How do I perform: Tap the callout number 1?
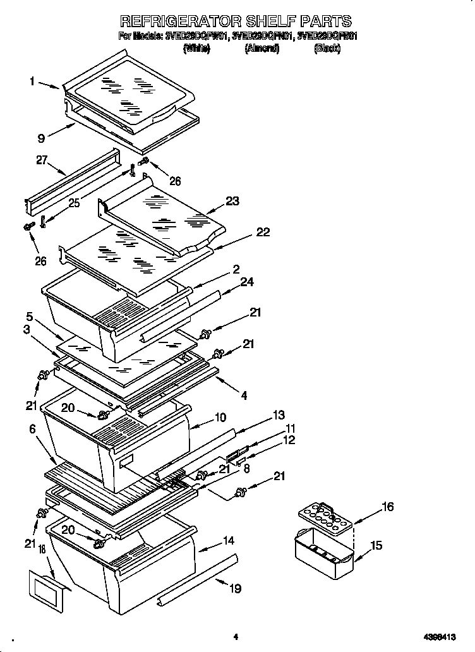pos(32,81)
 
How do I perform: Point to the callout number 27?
pos(42,160)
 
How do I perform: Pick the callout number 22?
pos(262,232)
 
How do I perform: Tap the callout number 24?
pos(247,282)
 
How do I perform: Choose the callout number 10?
pos(220,417)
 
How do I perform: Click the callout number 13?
pos(279,414)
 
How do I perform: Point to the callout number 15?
pos(376,545)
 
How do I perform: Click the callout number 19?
pos(234,589)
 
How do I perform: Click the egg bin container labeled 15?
pos(322,550)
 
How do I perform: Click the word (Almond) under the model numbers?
pos(262,48)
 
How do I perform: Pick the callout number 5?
pos(29,316)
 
